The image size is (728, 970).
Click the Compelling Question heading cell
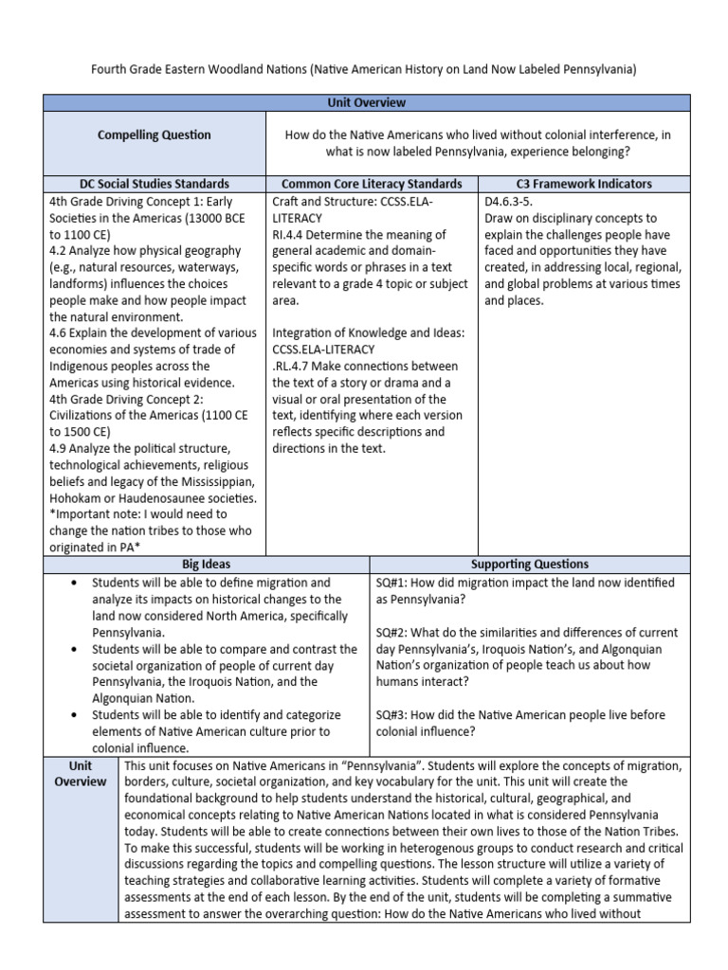point(155,135)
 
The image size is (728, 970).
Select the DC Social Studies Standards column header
point(155,184)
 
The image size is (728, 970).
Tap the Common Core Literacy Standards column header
point(373,184)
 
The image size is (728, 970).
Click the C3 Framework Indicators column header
point(585,184)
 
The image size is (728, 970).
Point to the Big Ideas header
point(207,564)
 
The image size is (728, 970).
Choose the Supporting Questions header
point(529,564)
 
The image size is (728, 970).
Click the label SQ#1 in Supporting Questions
point(392,583)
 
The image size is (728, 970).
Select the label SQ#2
point(392,632)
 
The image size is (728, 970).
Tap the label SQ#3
point(392,714)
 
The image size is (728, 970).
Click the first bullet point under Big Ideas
point(73,583)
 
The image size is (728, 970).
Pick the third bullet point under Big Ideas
point(73,714)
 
